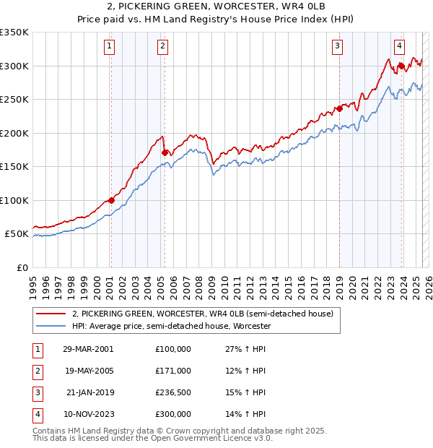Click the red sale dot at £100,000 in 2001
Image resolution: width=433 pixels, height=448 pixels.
click(x=111, y=200)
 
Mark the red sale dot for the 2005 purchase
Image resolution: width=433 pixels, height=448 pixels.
click(x=165, y=152)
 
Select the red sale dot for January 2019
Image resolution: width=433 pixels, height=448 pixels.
click(x=339, y=109)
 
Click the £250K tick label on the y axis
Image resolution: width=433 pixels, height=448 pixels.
click(x=14, y=100)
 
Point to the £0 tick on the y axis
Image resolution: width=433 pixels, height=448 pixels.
click(x=22, y=267)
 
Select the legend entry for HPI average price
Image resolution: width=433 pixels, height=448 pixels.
click(x=171, y=327)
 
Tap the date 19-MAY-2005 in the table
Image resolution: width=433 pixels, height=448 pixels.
click(x=88, y=371)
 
